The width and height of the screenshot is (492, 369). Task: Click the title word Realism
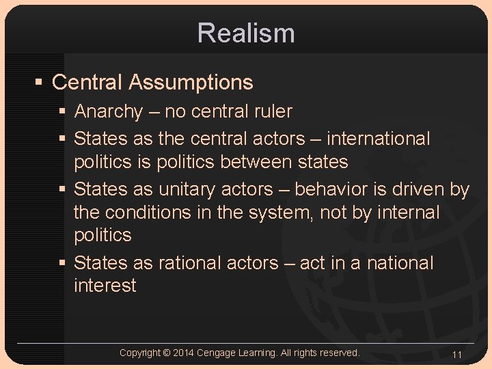coord(246,33)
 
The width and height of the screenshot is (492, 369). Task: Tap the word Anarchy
coord(109,111)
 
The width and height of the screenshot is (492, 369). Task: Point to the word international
coord(379,139)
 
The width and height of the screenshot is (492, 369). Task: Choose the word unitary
coord(187,189)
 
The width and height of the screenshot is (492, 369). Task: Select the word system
coord(274,213)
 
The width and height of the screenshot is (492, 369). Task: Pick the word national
coord(400,263)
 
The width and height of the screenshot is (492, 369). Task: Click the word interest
coord(105,286)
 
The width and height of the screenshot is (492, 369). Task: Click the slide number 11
coord(457,355)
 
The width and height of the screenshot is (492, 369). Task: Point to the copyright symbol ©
coord(167,353)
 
